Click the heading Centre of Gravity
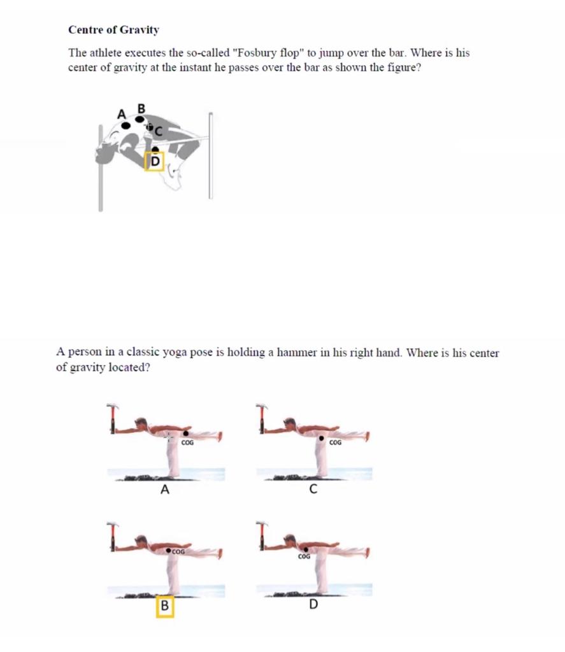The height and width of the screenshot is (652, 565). pyautogui.click(x=113, y=30)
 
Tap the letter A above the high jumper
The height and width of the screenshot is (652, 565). pyautogui.click(x=121, y=115)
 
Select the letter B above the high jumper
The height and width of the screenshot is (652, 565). pyautogui.click(x=141, y=108)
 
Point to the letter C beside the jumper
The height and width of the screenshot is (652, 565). pyautogui.click(x=159, y=131)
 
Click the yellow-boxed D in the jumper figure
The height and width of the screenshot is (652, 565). pyautogui.click(x=155, y=162)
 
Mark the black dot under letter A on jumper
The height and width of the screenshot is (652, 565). pyautogui.click(x=126, y=125)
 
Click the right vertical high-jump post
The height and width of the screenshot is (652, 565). pyautogui.click(x=210, y=156)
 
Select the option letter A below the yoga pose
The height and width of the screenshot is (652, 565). pyautogui.click(x=165, y=490)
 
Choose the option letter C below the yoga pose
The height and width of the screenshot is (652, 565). pyautogui.click(x=313, y=490)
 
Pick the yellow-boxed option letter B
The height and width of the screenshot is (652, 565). pyautogui.click(x=164, y=606)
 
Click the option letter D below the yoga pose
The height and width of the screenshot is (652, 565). pyautogui.click(x=313, y=604)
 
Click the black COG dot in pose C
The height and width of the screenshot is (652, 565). pyautogui.click(x=322, y=439)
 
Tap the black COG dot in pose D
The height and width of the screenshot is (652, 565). pyautogui.click(x=306, y=549)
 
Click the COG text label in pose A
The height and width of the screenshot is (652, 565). pyautogui.click(x=187, y=442)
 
